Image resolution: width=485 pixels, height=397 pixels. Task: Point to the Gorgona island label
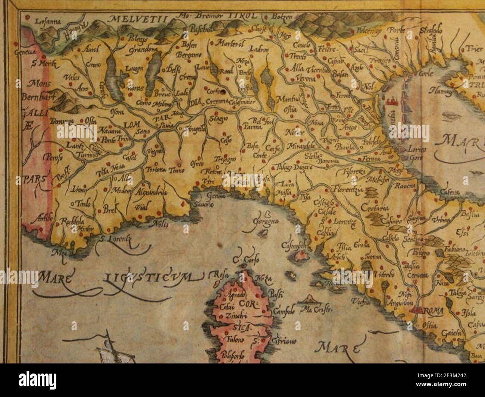[x=266, y=223]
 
